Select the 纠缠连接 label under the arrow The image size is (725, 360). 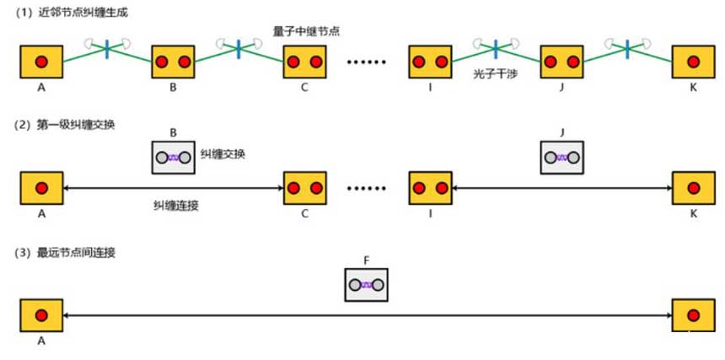coord(175,205)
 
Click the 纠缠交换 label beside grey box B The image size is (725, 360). coord(223,156)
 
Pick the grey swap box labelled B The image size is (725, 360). coord(173,157)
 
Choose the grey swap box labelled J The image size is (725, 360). coord(562,157)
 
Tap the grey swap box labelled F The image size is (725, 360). coord(367,285)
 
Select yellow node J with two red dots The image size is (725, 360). coord(562,62)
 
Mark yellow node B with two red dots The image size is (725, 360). coord(173,62)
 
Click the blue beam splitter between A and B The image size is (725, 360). coord(107,49)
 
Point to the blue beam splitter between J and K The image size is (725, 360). coord(627,49)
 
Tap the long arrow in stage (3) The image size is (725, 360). coord(367,315)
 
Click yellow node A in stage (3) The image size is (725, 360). coord(40,315)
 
